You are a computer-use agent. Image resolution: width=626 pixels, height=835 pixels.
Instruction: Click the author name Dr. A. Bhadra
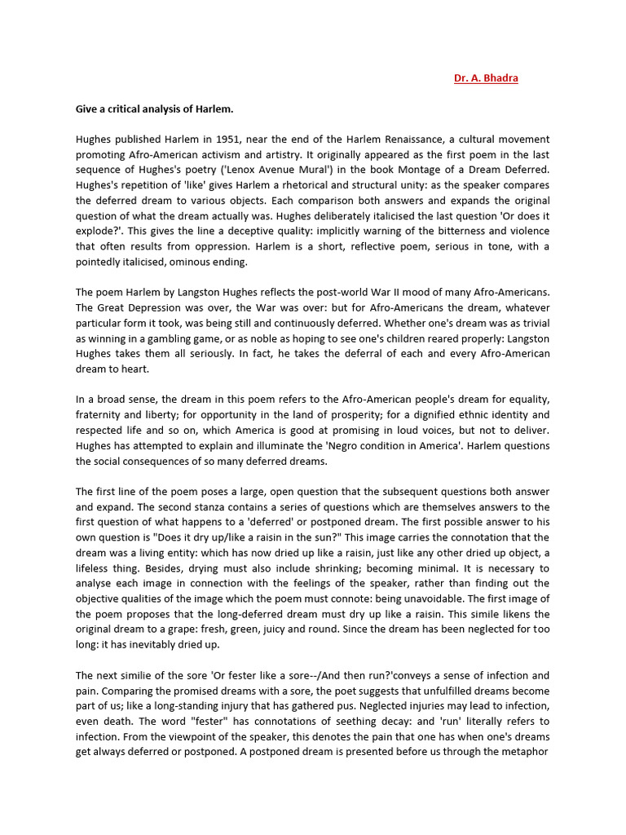(486, 78)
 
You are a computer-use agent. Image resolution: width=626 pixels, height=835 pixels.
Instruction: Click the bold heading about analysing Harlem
(154, 108)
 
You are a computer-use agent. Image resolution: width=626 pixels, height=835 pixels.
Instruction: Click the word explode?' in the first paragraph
(99, 232)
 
